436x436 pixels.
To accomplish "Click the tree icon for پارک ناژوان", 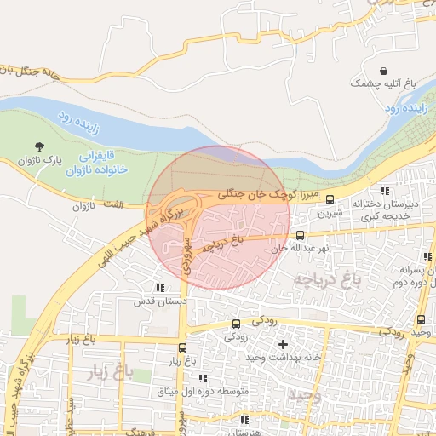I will pyautogui.click(x=39, y=147).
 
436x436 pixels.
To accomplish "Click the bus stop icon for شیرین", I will pyautogui.click(x=330, y=201).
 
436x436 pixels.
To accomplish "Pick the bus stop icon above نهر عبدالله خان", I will pyautogui.click(x=299, y=235).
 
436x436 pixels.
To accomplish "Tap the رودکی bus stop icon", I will pyautogui.click(x=236, y=323).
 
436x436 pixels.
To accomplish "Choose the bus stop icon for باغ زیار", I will pyautogui.click(x=182, y=347).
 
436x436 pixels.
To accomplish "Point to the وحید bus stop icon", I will pyautogui.click(x=421, y=319).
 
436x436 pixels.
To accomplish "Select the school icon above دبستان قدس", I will pyautogui.click(x=161, y=288).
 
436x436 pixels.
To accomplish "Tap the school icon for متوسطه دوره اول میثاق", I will pyautogui.click(x=203, y=378).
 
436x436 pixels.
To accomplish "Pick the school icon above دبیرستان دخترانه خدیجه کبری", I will pyautogui.click(x=385, y=191).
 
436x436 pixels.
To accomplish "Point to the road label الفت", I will pyautogui.click(x=110, y=204).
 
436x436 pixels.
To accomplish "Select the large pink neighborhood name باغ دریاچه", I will pyautogui.click(x=323, y=278).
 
